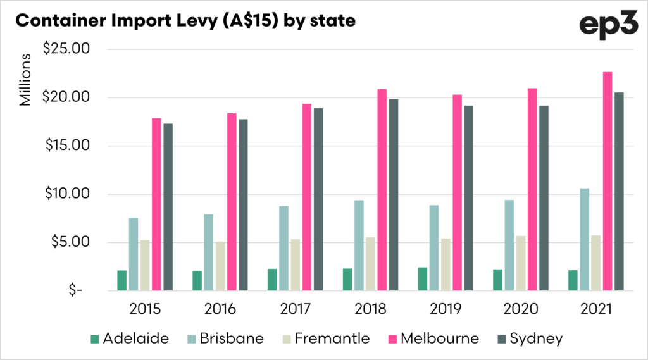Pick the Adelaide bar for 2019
point(422,279)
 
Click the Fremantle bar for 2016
point(220,266)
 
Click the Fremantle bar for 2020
point(520,263)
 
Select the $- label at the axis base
point(76,291)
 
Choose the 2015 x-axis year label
point(145,309)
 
